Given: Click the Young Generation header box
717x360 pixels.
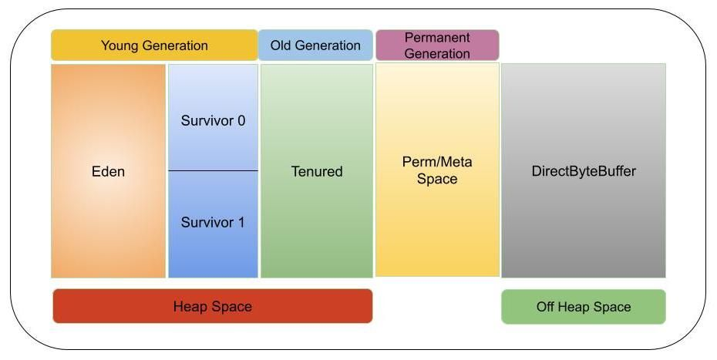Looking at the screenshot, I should pos(154,45).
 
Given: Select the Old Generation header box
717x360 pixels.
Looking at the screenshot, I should pos(315,45).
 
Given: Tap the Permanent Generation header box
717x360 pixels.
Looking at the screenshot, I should pos(437,45).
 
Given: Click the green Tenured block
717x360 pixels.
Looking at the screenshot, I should pos(317,216).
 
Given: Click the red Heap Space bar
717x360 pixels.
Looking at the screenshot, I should pos(212,307).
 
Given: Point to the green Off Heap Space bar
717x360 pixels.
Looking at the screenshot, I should pos(584,307).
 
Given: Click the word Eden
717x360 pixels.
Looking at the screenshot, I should pos(108,171).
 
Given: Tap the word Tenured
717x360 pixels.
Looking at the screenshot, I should pos(317,171).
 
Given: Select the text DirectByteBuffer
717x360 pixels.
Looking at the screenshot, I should pos(584,171).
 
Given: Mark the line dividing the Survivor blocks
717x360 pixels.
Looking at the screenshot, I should pos(213,170).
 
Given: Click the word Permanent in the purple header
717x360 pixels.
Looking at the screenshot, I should pos(437,38).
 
